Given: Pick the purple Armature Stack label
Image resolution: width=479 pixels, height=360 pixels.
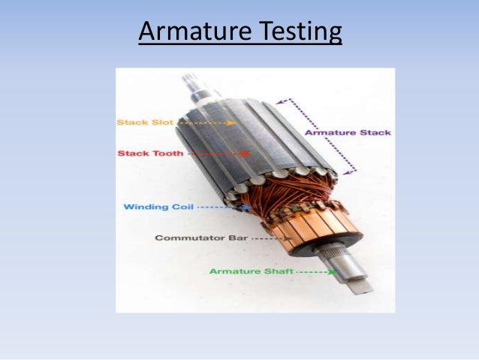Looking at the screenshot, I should click(347, 133).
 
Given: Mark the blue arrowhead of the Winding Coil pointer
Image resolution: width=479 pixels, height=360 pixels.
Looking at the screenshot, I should click(249, 206).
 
